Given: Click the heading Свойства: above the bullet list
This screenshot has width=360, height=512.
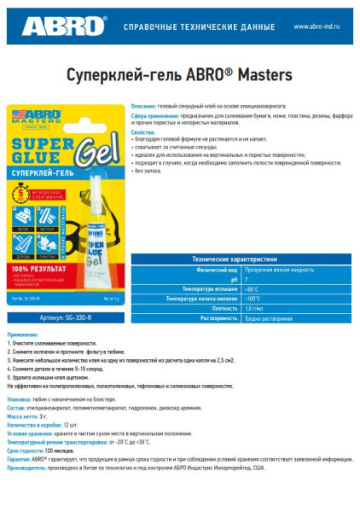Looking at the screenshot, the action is (142, 132).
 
